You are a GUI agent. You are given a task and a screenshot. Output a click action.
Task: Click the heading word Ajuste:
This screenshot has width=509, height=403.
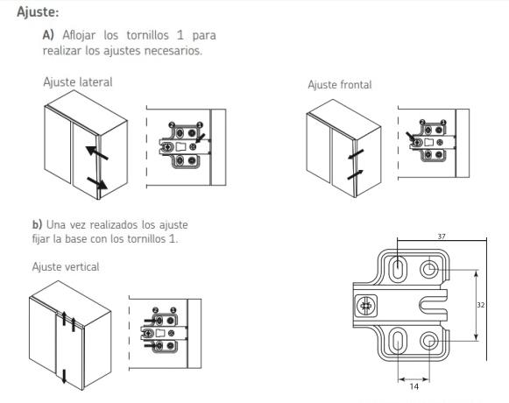click(x=38, y=12)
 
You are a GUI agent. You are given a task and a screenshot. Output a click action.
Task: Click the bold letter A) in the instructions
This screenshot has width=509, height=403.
click(x=48, y=35)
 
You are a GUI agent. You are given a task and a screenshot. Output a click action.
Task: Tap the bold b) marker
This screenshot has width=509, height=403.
click(x=37, y=224)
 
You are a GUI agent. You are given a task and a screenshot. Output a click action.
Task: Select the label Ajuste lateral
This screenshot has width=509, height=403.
click(x=78, y=81)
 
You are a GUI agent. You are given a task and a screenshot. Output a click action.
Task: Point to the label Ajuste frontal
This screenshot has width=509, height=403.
click(x=340, y=85)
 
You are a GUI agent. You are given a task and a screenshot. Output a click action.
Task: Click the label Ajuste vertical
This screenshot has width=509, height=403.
click(x=66, y=267)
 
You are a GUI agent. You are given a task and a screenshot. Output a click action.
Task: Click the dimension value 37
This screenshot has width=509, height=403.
click(x=442, y=236)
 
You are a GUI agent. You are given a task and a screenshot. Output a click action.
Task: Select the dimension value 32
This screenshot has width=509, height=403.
click(x=480, y=305)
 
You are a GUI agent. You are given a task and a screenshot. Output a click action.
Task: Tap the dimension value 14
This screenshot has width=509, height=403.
click(x=414, y=386)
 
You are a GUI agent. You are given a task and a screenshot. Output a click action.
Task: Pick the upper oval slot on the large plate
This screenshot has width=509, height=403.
click(x=398, y=268)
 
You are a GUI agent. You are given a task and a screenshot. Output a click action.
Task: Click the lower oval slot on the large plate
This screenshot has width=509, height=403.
click(x=398, y=340)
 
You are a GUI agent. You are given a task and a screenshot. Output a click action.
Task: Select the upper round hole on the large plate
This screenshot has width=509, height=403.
click(x=429, y=269)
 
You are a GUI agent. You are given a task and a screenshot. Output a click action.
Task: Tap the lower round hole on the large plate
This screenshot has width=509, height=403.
click(x=429, y=340)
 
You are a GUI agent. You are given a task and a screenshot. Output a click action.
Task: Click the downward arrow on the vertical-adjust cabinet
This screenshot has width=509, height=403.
click(x=64, y=376)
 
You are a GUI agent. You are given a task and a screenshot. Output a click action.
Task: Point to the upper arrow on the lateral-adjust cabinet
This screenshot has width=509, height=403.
click(x=96, y=153)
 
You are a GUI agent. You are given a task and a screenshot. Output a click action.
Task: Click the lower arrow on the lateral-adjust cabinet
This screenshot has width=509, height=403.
click(x=97, y=183)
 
